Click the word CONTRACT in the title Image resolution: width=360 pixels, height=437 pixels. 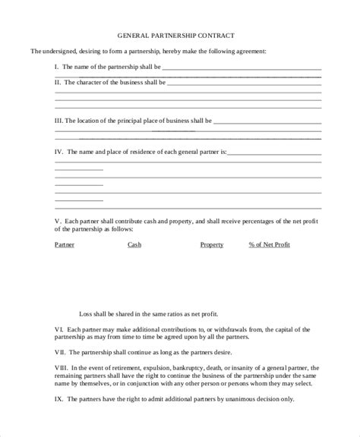pos(218,35)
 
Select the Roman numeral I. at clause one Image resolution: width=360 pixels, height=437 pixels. pos(58,67)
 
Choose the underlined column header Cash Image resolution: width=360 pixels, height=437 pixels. pos(134,244)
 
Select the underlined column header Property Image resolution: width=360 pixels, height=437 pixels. pos(211,244)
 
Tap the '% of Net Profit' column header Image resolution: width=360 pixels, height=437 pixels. pos(269,244)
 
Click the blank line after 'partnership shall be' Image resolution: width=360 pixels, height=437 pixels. pos(241,67)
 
